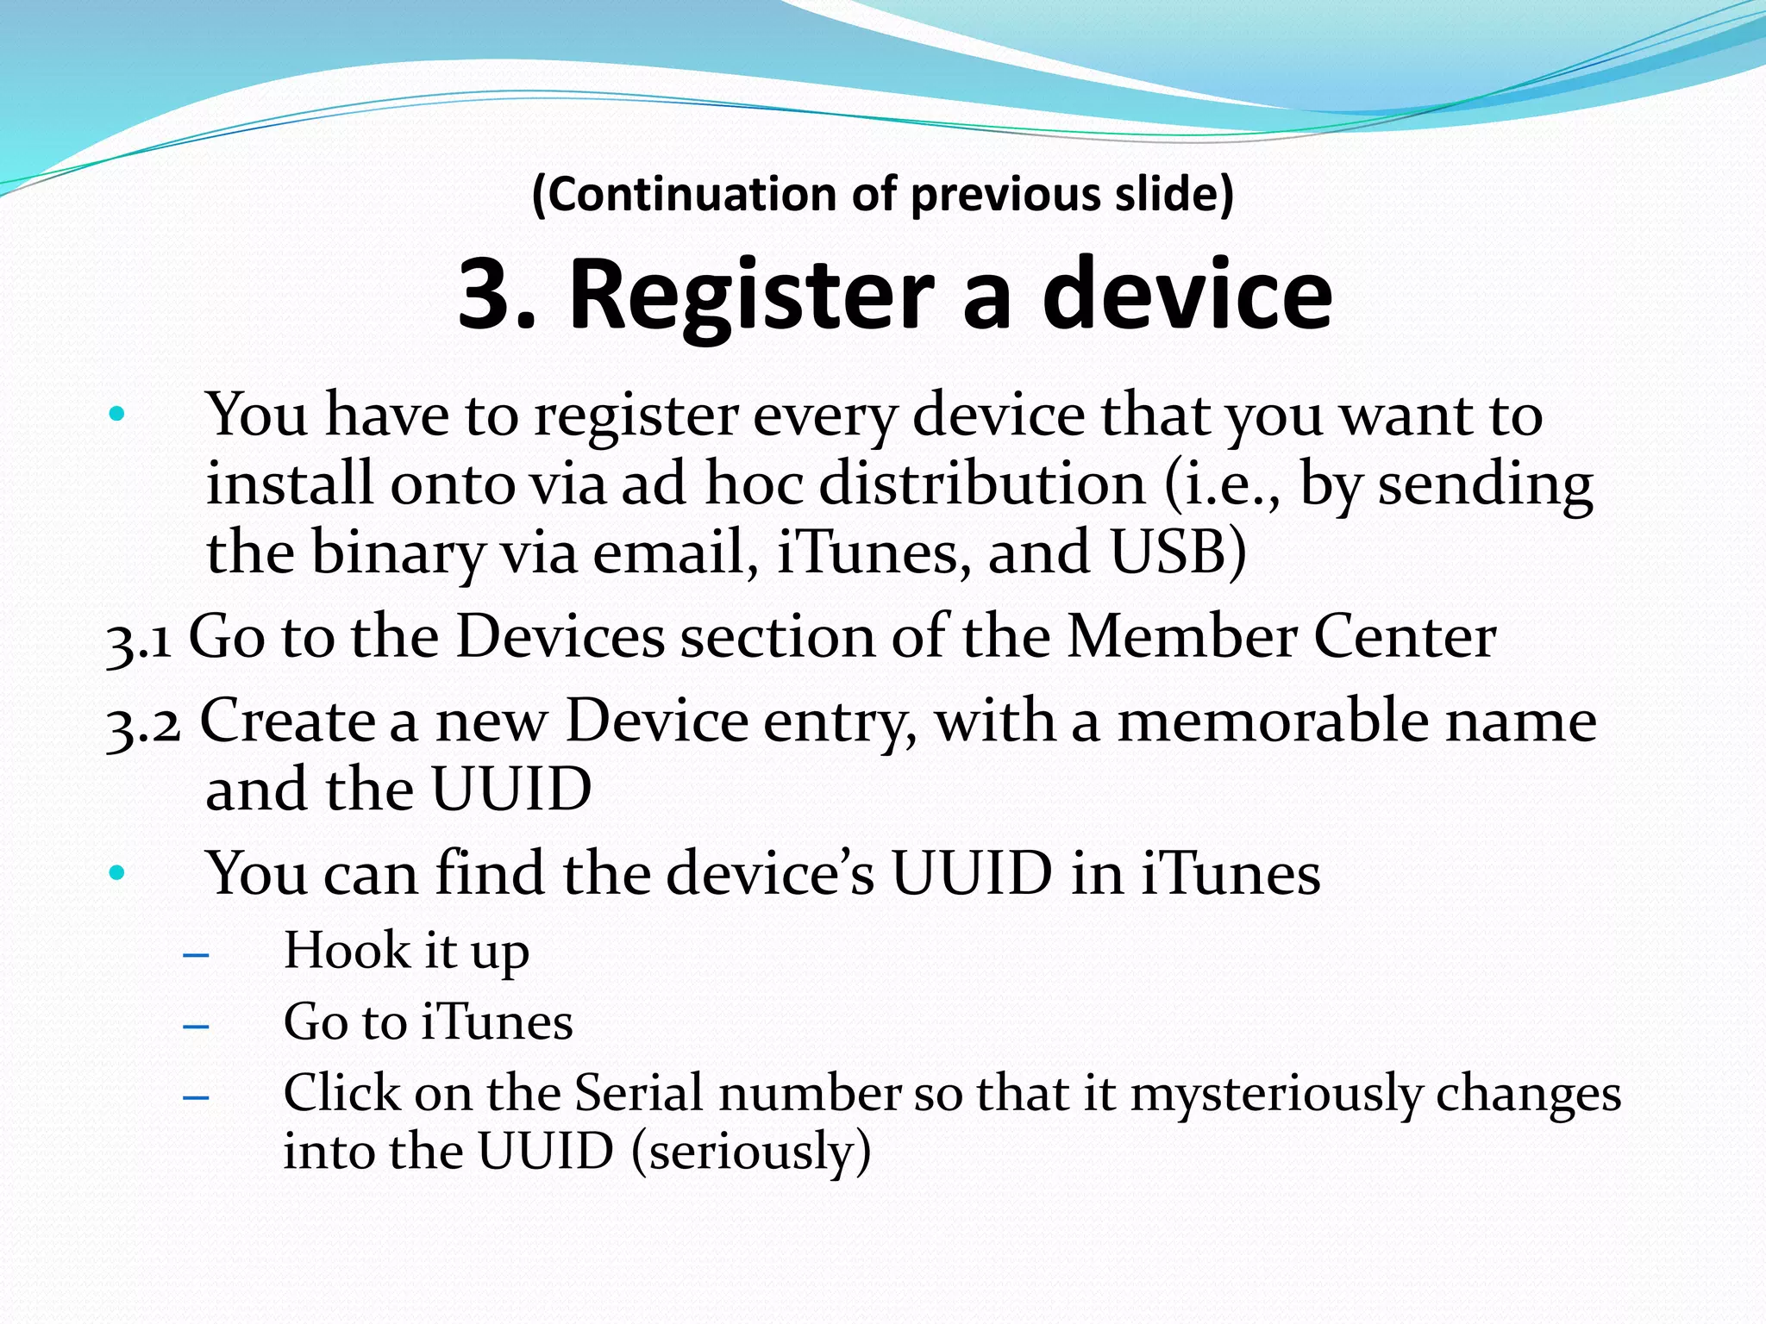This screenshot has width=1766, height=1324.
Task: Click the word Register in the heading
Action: [x=751, y=295]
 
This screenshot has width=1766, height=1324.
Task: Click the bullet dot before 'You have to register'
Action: [x=117, y=415]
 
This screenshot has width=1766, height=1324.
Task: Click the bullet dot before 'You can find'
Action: [x=117, y=874]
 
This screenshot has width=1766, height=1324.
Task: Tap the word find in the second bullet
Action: [x=491, y=873]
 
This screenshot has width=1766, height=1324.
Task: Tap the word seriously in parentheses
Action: [x=751, y=1152]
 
